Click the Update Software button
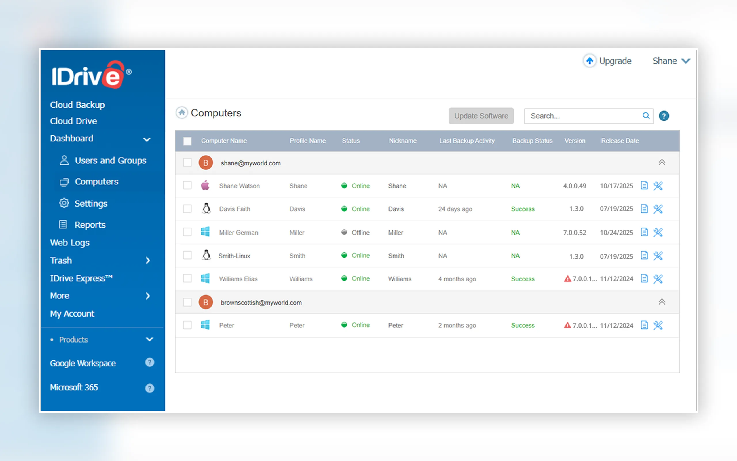click(481, 116)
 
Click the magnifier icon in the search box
click(646, 116)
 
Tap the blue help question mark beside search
click(664, 116)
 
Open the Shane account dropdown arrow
click(686, 61)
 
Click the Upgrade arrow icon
click(590, 61)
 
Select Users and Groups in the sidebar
click(111, 160)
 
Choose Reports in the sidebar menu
click(90, 225)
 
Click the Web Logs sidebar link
click(70, 243)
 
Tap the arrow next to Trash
click(148, 260)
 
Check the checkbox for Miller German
click(187, 232)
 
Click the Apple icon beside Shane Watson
click(205, 185)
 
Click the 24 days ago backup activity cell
click(455, 209)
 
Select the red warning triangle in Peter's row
click(567, 325)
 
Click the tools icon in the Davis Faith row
click(658, 209)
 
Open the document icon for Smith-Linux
click(644, 255)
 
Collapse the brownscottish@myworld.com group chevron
click(662, 302)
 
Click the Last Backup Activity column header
click(467, 141)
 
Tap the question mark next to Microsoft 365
click(149, 388)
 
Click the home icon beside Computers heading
click(182, 113)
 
